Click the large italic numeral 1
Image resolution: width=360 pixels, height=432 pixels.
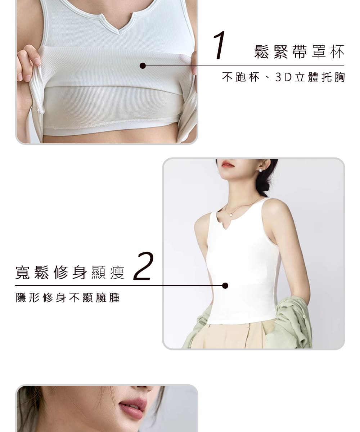220,45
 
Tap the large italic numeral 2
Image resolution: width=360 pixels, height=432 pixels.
143,266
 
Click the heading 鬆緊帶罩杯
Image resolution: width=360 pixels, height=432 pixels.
299,52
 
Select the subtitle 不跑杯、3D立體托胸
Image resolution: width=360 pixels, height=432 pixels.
283,77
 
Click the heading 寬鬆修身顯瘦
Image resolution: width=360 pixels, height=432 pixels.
70,272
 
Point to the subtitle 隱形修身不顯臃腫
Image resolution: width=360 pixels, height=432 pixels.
68,298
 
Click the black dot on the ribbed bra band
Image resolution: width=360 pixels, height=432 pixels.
143,66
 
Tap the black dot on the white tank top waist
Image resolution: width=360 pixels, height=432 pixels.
225,286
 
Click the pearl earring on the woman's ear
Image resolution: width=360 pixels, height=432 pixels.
261,170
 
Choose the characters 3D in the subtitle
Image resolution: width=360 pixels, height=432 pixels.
283,77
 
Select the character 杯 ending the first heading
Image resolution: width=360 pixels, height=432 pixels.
337,52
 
